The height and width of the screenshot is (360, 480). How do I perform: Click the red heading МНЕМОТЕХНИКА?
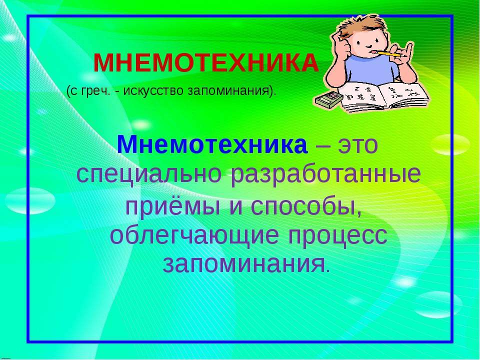coord(206,63)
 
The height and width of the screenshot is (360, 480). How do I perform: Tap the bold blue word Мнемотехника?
coord(212,144)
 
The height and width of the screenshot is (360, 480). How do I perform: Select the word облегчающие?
coord(194,235)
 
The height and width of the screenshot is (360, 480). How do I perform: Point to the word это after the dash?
coord(358,144)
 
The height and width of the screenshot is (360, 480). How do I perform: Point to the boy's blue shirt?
coord(372,69)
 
